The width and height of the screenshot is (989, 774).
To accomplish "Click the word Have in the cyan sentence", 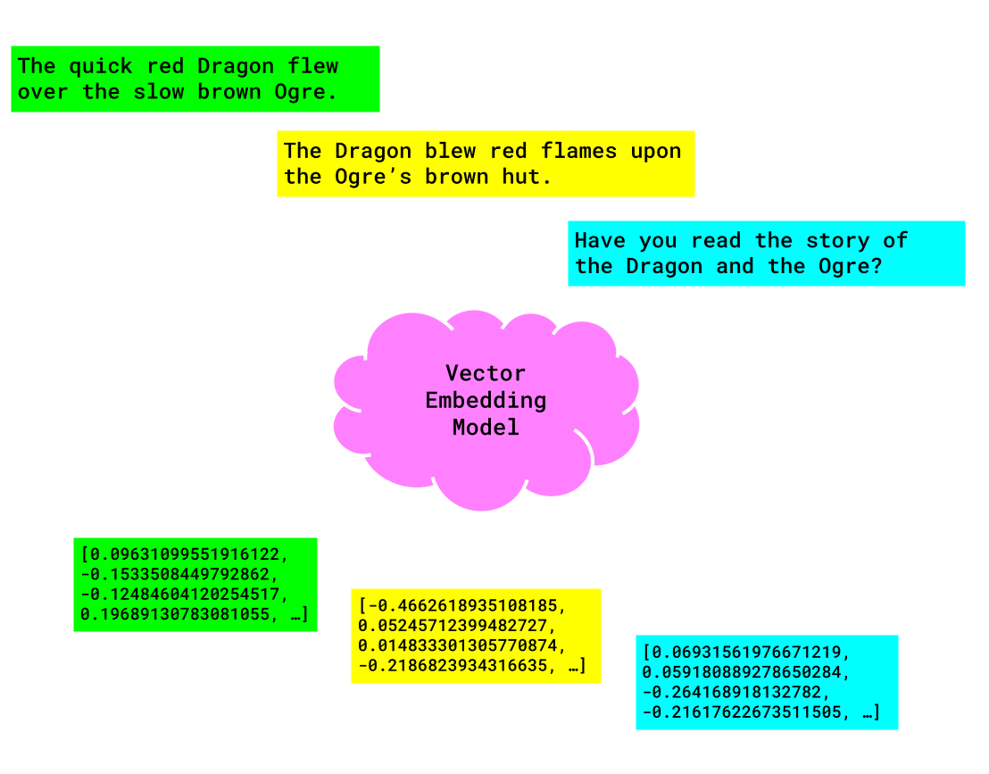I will pos(601,240).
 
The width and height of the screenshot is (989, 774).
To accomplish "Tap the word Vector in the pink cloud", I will pos(486,373).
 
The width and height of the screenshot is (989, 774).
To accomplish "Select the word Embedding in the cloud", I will pos(486,400).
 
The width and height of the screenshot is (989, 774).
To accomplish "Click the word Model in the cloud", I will pos(486,428).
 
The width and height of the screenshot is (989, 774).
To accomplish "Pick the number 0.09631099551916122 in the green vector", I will pos(187,551).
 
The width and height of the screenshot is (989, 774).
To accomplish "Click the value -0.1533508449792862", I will pos(179,572).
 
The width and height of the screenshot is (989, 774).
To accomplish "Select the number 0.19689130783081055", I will pos(183,614).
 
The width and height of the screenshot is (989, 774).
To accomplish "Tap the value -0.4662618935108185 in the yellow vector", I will pos(461,606).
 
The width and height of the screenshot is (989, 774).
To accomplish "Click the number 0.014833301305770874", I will pos(461,645).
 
